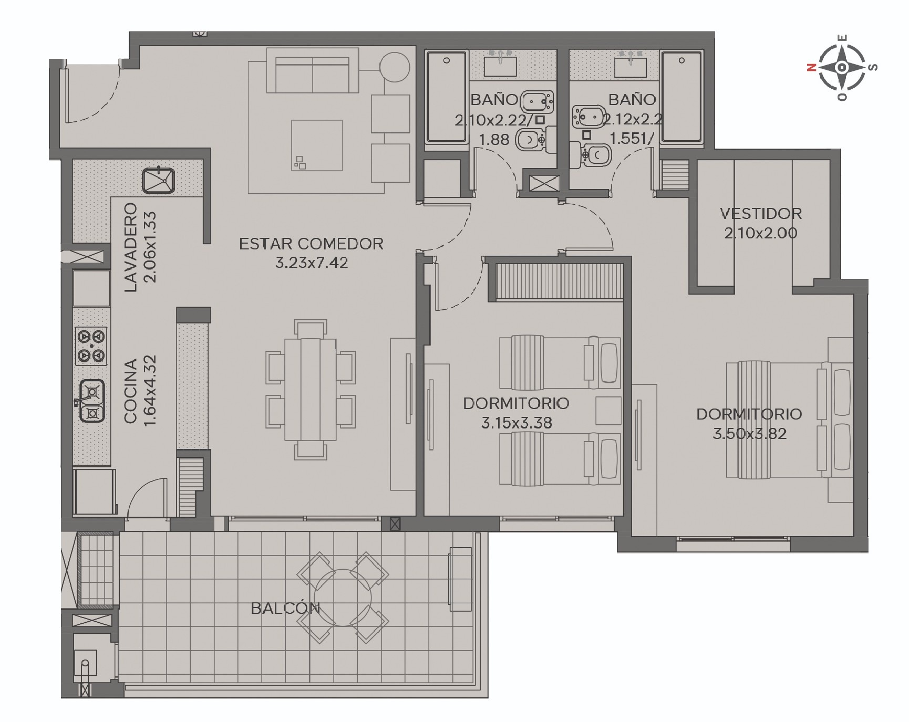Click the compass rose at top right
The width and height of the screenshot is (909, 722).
(x=842, y=67)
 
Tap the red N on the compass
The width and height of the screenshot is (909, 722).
(x=811, y=67)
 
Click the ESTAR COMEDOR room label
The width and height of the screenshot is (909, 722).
(x=311, y=244)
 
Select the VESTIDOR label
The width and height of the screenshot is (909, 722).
(x=761, y=214)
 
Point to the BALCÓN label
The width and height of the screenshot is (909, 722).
(x=285, y=608)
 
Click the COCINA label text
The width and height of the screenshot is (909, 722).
(x=130, y=391)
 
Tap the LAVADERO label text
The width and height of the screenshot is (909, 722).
(x=130, y=247)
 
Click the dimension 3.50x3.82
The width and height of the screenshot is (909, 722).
(x=749, y=434)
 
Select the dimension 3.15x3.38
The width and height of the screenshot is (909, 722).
(x=517, y=423)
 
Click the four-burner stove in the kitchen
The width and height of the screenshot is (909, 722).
(x=91, y=346)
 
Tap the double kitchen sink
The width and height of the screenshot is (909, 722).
(x=92, y=401)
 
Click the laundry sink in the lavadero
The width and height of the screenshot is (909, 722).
(x=158, y=180)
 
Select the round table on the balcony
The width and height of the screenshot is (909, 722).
(x=343, y=598)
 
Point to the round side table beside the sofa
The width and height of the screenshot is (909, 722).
(x=394, y=67)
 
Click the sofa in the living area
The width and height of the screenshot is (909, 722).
(x=313, y=71)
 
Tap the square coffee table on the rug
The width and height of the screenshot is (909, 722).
(x=317, y=145)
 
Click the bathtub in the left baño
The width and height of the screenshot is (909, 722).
(x=447, y=97)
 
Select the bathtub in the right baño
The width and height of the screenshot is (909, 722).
(x=681, y=97)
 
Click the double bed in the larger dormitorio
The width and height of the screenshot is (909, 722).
(x=788, y=420)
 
